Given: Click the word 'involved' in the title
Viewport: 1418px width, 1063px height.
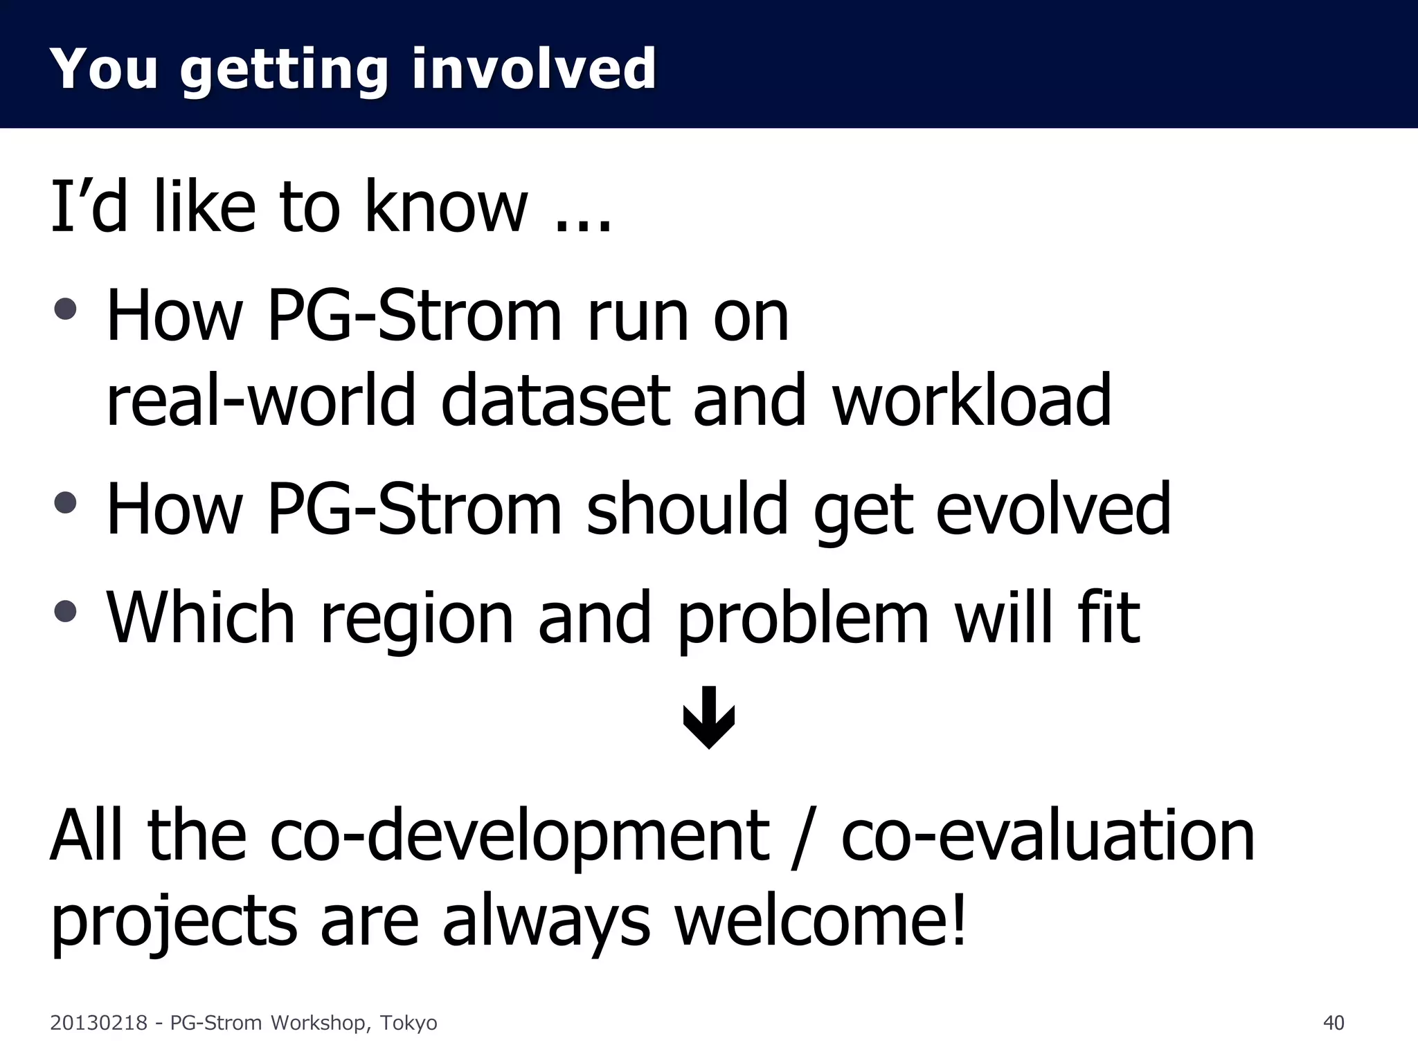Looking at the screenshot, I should point(533,69).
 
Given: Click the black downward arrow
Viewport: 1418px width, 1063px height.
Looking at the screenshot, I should point(709,718).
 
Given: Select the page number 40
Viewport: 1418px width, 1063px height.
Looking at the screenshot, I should point(1333,1023).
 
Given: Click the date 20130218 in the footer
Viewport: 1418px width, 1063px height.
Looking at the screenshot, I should point(98,1023).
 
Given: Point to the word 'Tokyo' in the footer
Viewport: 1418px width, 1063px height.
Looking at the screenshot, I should point(409,1023).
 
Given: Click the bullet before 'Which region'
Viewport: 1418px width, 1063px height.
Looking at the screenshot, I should point(65,610).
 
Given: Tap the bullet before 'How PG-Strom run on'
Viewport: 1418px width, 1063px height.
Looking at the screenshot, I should point(65,309).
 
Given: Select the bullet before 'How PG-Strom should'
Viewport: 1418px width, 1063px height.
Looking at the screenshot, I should point(65,502).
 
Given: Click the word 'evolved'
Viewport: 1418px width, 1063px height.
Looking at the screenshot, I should point(1052,509).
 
